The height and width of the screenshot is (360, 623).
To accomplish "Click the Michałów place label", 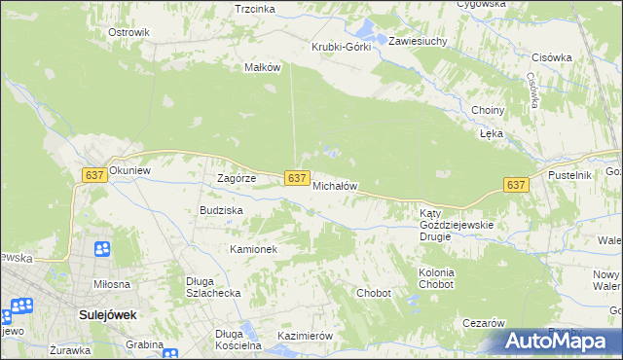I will (336, 186).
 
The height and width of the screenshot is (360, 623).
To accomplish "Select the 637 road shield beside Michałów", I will (298, 177).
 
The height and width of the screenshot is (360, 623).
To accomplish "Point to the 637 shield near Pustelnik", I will (516, 185).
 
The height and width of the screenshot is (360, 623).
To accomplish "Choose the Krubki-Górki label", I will (341, 48).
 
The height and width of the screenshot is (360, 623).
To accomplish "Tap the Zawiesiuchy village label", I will (418, 42).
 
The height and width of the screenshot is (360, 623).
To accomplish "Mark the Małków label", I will (262, 67).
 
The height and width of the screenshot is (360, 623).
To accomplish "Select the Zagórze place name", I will (236, 179).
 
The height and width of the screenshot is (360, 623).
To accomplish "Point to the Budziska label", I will (221, 209).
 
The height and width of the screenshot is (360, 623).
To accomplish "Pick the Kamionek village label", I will (254, 249).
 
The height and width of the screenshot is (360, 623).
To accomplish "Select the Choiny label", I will (487, 110).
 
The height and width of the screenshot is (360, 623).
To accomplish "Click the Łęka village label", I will (490, 134).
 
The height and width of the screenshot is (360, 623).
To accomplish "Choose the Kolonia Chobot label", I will (436, 279).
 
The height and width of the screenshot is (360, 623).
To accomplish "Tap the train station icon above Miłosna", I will (102, 250).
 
